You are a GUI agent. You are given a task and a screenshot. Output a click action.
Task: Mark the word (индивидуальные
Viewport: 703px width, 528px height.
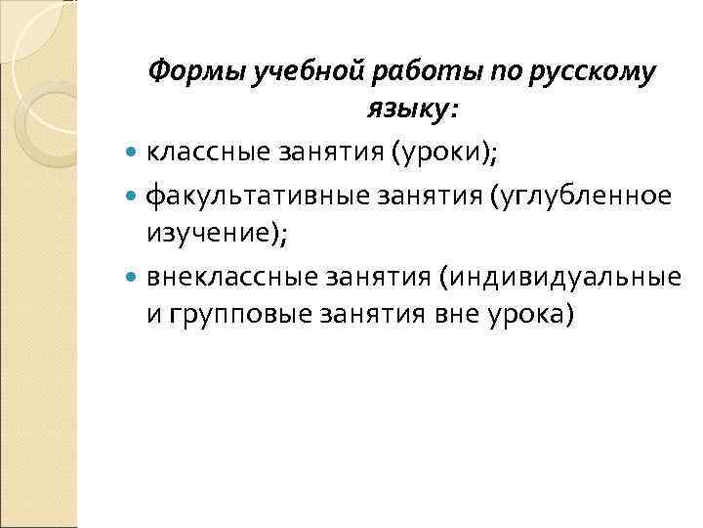pos(560,278)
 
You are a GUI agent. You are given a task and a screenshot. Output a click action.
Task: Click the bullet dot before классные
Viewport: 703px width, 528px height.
pos(134,154)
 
